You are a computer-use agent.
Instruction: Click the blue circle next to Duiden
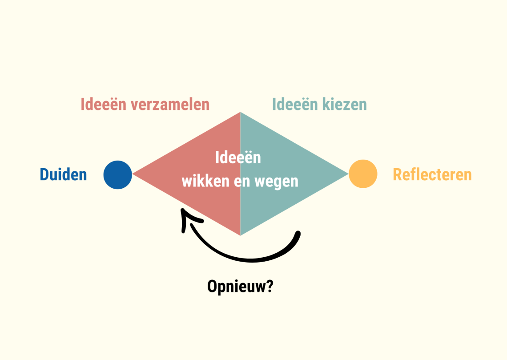point(118,174)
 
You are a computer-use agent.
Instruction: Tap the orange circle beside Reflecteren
point(363,174)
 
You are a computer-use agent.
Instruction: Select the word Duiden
point(63,174)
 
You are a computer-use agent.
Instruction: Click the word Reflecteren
point(432,174)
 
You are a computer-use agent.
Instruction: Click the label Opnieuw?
point(240,287)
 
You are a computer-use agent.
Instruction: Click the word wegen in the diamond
point(279,182)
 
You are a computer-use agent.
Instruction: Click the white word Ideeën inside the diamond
point(238,158)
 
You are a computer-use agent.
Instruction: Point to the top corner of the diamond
point(240,113)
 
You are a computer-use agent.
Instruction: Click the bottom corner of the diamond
point(240,235)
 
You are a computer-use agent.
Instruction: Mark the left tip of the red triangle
point(133,174)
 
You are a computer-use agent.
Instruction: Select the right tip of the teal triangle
point(347,174)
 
